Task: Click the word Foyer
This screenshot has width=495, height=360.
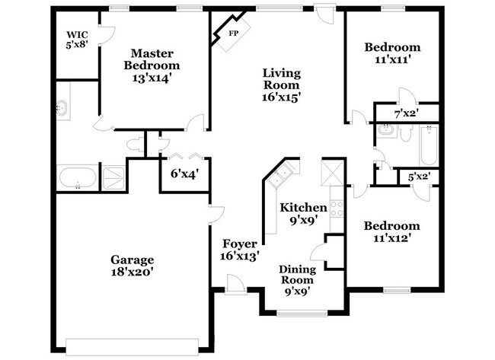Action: point(241,244)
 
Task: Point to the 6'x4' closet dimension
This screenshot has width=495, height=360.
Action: point(184,174)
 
